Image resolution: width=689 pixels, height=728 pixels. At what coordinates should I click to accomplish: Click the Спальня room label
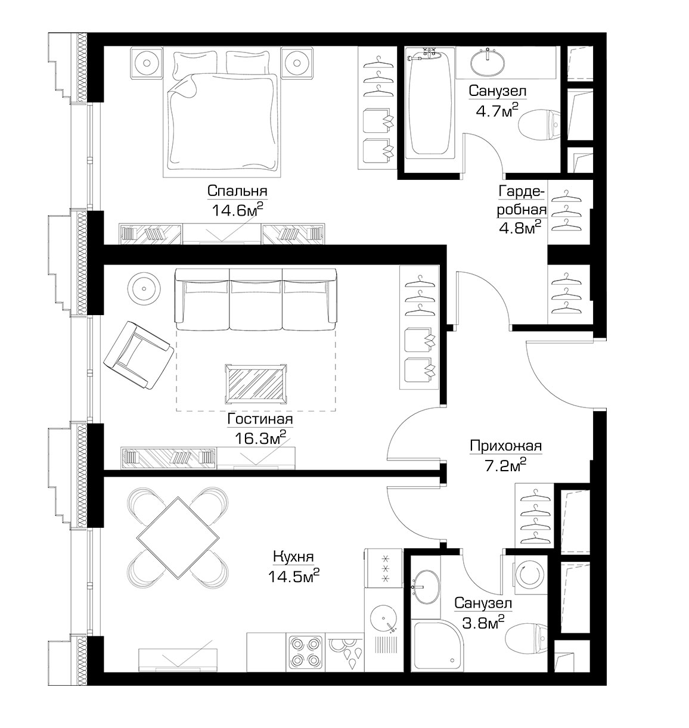237,191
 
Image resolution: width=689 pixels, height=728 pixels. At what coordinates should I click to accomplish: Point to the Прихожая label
505,446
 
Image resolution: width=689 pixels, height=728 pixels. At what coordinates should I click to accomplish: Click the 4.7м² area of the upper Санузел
496,110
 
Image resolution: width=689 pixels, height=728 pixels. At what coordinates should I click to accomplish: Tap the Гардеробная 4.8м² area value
519,227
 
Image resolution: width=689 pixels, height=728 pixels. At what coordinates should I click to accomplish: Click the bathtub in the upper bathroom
430,104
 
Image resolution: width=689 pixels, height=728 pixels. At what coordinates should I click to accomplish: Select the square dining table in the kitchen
178,538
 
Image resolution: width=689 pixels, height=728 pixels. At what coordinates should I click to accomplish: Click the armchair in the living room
139,354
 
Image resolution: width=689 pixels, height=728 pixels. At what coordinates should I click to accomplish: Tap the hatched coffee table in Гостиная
256,384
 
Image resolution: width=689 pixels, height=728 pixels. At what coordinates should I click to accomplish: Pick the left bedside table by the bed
147,63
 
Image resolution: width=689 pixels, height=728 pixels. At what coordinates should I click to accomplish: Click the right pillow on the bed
248,63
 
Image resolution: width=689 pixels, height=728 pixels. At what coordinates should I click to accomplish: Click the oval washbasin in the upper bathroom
488,62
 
